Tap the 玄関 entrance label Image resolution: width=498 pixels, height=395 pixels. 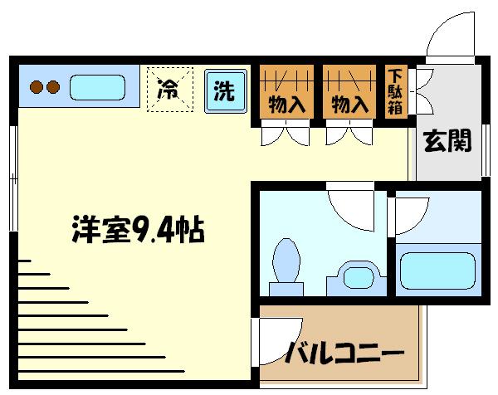point(448,142)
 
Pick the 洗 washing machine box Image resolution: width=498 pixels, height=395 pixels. point(224,90)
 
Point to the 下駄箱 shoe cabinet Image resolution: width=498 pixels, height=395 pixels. point(395,90)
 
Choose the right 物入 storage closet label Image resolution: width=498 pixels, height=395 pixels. point(349,105)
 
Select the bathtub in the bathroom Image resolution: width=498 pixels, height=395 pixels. point(437,270)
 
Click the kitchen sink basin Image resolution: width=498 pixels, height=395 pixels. point(97,86)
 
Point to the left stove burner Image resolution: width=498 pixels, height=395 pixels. point(37,85)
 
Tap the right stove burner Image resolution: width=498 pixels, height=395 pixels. point(53,85)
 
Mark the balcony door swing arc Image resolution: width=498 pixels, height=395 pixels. point(274,343)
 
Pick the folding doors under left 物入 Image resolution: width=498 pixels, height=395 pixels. point(284,133)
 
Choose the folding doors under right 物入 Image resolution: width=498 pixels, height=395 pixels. point(348,133)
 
